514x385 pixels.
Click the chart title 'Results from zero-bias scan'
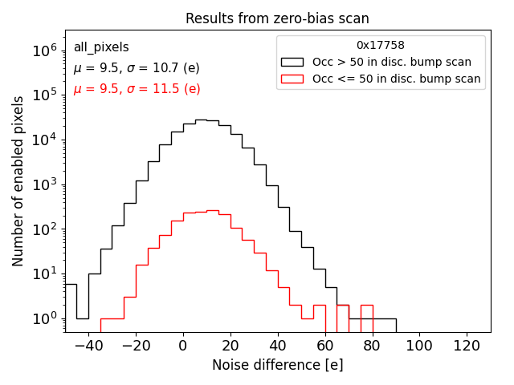click(x=277, y=18)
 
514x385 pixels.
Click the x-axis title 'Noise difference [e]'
click(x=277, y=365)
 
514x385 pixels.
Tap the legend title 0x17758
click(x=381, y=45)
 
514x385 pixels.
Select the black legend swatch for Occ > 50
click(x=293, y=62)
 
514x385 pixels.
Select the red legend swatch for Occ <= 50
click(x=293, y=79)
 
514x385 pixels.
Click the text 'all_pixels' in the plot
click(x=101, y=47)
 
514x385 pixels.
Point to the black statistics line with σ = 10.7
click(x=137, y=68)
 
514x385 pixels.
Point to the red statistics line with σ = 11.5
click(x=137, y=89)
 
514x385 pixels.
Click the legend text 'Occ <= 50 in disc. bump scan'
click(x=397, y=79)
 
